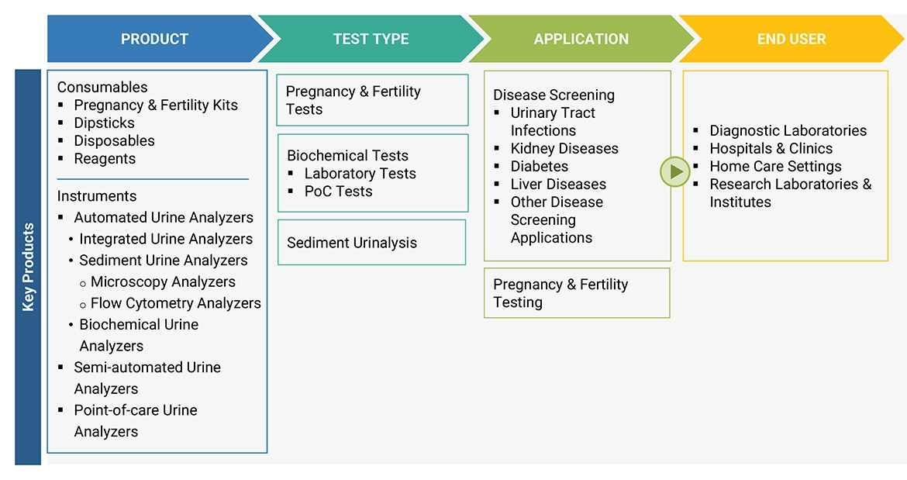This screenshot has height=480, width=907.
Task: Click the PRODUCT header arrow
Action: [x=154, y=39]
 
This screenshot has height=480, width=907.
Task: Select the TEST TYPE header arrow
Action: [x=370, y=39]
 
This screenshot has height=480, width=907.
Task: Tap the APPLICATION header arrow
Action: [x=581, y=39]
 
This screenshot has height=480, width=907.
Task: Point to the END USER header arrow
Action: [x=791, y=39]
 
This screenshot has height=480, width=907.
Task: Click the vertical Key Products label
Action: [x=28, y=267]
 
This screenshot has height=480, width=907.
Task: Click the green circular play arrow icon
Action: [x=674, y=171]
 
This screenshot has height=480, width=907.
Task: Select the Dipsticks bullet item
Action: [x=104, y=123]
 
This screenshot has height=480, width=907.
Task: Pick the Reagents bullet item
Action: [x=105, y=158]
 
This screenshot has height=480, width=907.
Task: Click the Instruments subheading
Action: [x=97, y=196]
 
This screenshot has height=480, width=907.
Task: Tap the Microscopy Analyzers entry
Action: [x=163, y=281]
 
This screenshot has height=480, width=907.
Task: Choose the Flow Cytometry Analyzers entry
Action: [x=175, y=303]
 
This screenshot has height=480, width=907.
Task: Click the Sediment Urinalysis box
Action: [x=371, y=243]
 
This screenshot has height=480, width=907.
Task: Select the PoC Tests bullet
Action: [x=338, y=191]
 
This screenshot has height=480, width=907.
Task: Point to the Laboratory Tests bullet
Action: [x=360, y=173]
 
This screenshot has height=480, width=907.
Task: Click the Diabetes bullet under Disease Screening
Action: [x=539, y=166]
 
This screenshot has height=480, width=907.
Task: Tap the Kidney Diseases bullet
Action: [x=564, y=148]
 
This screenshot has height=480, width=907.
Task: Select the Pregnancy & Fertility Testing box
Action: [x=576, y=293]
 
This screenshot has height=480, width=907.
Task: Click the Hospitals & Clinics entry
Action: [x=771, y=148]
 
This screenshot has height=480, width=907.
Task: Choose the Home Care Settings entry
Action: [x=775, y=166]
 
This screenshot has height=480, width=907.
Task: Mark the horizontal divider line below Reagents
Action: [x=153, y=179]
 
